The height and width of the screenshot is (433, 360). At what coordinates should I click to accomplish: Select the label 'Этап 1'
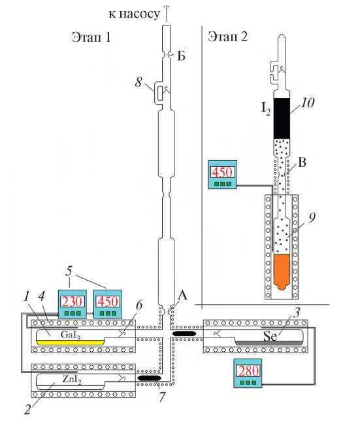[x=91, y=37]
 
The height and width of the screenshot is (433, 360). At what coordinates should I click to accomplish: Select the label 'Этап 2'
[x=227, y=36]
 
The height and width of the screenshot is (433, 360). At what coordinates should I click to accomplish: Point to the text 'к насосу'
[x=134, y=14]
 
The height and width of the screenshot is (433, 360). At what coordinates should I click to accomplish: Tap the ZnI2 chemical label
[x=72, y=379]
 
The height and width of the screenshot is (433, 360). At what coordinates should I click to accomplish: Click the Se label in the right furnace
[x=270, y=336]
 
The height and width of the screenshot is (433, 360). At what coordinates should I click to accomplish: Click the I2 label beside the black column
[x=266, y=109]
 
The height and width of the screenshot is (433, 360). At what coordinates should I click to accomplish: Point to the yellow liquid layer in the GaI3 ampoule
[x=70, y=343]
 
